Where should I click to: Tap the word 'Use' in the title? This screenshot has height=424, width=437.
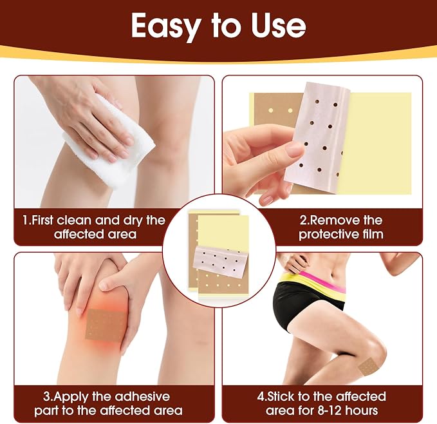(x=279, y=26)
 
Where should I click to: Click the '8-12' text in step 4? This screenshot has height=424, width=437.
(x=330, y=410)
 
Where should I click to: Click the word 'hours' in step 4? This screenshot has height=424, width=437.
(x=363, y=410)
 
